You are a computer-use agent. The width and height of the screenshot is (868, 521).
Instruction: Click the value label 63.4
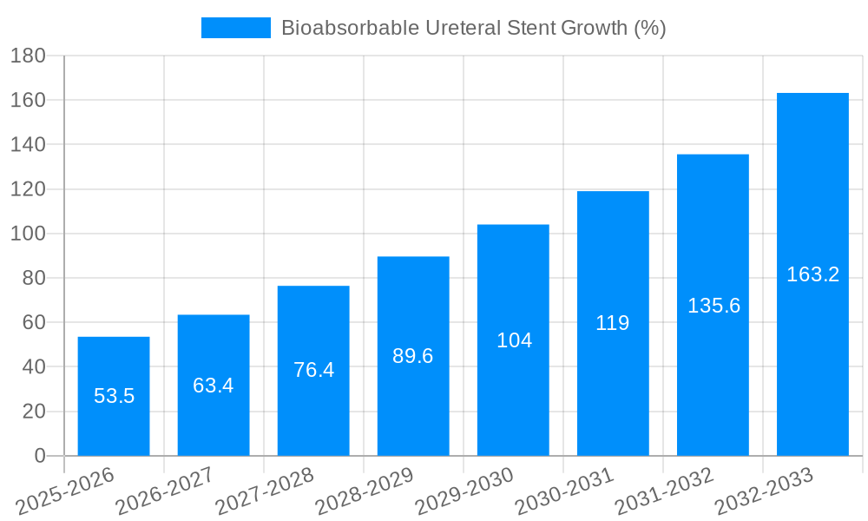tap(214, 386)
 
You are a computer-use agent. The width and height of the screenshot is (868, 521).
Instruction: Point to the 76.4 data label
tap(313, 370)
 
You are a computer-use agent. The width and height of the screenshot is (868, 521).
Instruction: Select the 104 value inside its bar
tap(514, 340)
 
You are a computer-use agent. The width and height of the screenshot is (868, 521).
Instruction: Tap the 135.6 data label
tap(713, 306)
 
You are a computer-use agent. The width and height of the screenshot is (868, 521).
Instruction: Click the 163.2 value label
tap(812, 274)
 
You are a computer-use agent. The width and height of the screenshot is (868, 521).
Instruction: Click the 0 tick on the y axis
tap(39, 456)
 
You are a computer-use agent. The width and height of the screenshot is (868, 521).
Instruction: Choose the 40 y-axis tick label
tap(33, 367)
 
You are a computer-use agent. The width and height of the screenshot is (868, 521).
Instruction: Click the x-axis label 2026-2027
tap(165, 490)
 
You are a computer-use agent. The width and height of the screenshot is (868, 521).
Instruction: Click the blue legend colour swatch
tap(235, 28)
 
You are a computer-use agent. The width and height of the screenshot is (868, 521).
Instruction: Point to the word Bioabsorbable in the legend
tap(349, 28)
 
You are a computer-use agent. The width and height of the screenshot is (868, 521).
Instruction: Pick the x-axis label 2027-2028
tap(265, 490)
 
